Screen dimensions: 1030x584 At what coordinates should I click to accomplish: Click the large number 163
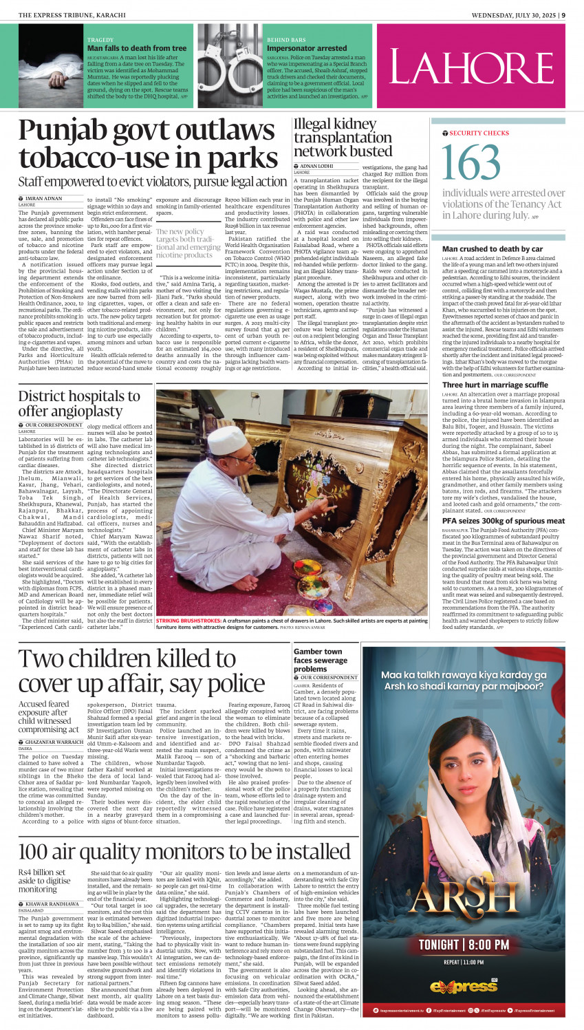click(x=471, y=164)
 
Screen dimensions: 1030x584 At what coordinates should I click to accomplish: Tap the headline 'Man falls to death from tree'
click(x=136, y=48)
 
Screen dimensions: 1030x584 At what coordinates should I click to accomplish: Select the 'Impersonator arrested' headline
click(x=307, y=48)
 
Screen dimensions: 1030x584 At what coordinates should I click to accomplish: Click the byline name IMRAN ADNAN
click(x=43, y=198)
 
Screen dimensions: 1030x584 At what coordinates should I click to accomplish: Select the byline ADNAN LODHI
click(x=318, y=166)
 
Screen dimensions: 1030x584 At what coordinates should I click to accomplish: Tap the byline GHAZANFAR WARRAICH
click(x=54, y=742)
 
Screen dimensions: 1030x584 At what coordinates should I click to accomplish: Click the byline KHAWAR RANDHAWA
click(x=52, y=903)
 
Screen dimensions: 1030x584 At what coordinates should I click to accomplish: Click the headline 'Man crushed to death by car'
click(x=492, y=249)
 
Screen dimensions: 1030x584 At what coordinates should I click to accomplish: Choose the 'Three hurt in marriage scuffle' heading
click(x=495, y=385)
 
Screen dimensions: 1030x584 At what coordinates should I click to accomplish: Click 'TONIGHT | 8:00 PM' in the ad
click(x=463, y=945)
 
